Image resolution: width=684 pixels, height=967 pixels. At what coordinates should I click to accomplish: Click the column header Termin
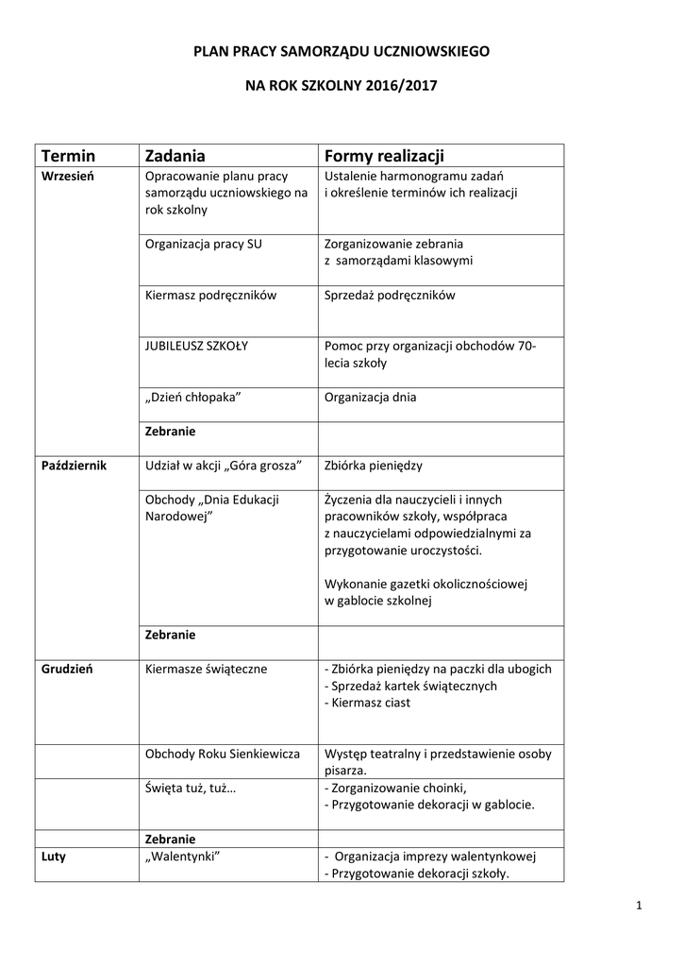69,155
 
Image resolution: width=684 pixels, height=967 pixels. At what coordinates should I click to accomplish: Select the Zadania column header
175,155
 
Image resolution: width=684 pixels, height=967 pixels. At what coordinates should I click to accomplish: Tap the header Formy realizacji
384,155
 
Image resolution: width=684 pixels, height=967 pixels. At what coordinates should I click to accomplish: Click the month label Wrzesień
67,176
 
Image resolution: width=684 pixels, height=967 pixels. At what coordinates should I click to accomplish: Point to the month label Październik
75,466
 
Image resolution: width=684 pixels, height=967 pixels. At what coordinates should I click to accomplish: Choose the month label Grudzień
67,669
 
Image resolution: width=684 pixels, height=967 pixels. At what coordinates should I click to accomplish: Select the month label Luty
54,857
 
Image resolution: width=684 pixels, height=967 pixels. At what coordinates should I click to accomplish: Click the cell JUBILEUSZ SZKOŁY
196,346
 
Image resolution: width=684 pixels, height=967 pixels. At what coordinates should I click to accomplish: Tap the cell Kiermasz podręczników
210,296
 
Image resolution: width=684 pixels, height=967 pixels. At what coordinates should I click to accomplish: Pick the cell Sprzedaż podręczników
389,296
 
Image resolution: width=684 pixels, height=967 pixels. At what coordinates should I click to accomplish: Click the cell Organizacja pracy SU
204,244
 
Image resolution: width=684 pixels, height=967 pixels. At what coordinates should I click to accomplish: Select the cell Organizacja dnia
370,398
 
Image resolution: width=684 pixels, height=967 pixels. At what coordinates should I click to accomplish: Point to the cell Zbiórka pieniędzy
374,466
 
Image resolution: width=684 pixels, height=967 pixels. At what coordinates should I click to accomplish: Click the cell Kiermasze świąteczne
207,669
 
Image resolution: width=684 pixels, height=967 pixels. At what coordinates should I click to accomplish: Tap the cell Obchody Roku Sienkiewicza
223,754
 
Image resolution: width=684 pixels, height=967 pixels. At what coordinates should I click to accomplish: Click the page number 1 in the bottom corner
639,908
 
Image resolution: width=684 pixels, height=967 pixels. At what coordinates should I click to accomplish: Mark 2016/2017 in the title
399,84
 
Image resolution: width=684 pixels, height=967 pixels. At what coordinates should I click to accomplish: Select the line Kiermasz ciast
367,703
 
